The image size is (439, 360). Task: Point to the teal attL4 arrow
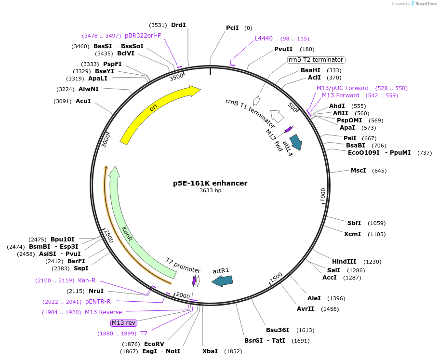point(295,142)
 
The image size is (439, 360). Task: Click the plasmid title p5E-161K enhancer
point(210,183)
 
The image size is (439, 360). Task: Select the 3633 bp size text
point(210,191)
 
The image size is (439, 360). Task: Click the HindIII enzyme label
point(344,262)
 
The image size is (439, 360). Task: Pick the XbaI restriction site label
point(210,351)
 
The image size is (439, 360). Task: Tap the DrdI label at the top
point(178,25)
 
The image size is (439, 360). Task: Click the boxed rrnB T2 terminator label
point(316,60)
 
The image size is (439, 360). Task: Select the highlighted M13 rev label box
point(123,322)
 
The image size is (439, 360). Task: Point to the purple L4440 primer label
point(264,39)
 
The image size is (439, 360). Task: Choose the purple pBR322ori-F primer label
point(143,36)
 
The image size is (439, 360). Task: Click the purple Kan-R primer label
point(87,280)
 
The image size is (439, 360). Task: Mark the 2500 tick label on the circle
point(109,237)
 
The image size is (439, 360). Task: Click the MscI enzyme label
point(358,171)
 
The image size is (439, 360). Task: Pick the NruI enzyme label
point(96,291)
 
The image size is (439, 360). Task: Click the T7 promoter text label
point(183,265)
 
